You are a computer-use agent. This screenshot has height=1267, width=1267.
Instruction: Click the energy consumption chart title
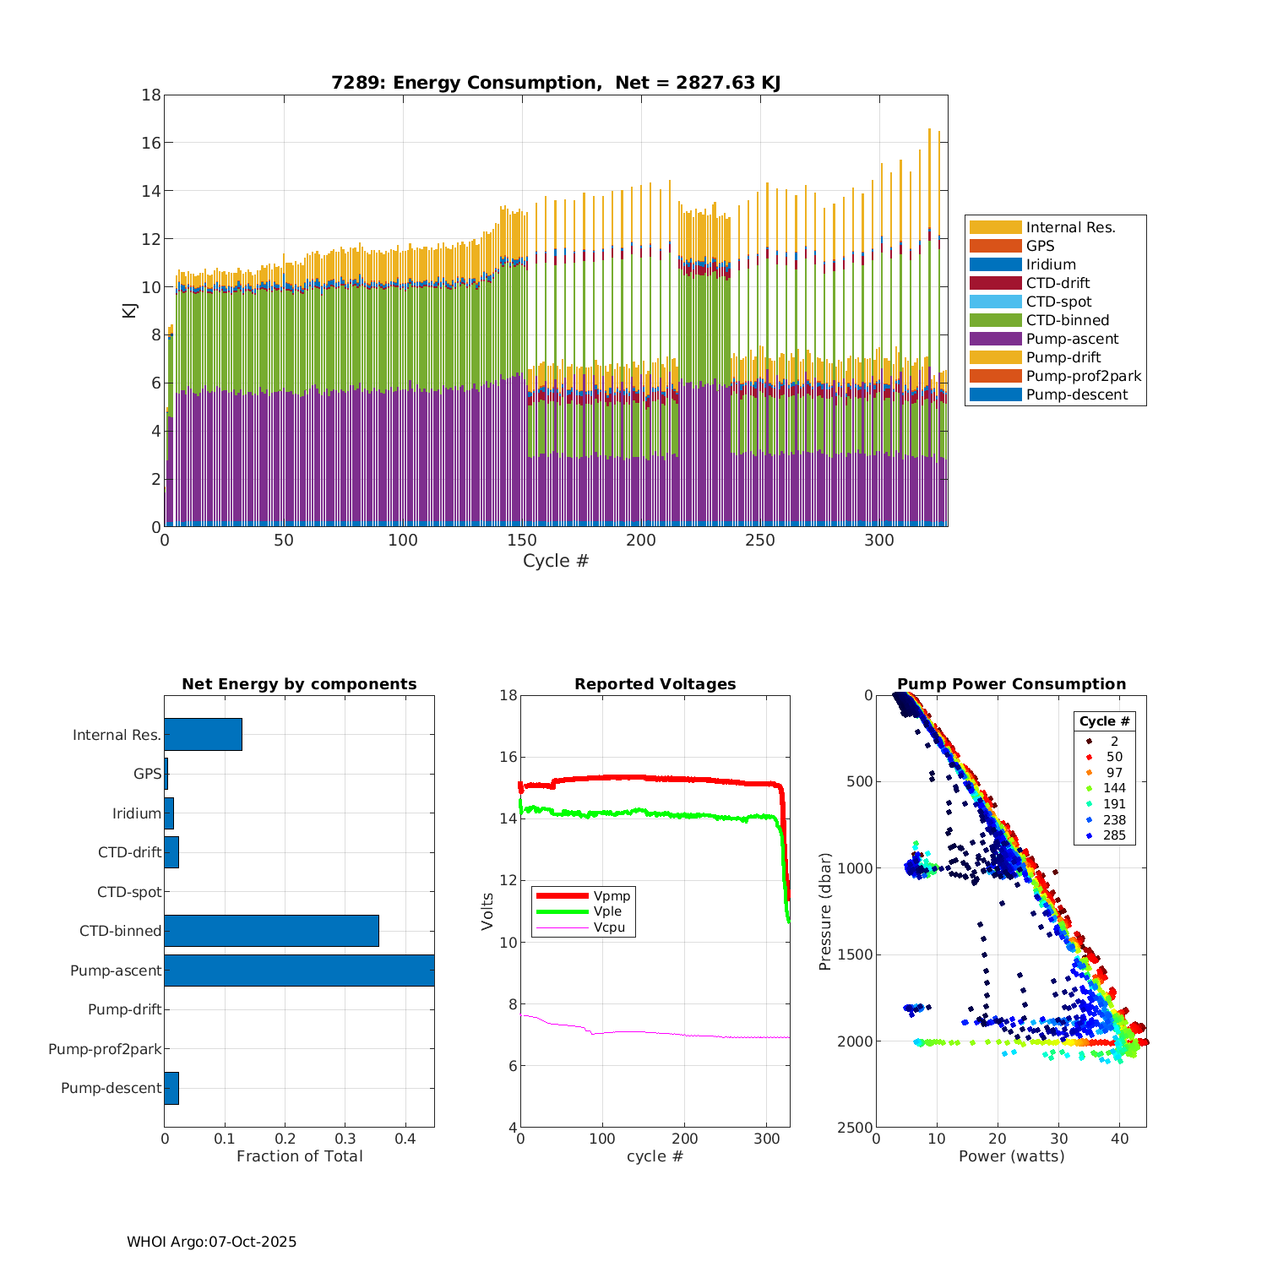tap(556, 83)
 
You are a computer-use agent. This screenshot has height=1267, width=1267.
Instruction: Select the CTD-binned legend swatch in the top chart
tap(995, 320)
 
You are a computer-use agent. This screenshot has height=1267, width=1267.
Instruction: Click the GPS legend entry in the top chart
tap(1040, 246)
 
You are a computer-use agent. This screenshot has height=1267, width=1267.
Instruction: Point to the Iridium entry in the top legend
tap(1051, 264)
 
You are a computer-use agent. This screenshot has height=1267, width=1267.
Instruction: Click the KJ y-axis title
tap(130, 310)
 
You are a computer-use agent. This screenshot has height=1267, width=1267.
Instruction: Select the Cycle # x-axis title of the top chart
tap(555, 561)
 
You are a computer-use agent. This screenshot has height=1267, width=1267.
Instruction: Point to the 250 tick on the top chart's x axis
tap(760, 541)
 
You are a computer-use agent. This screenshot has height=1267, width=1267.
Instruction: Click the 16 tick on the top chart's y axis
tap(151, 143)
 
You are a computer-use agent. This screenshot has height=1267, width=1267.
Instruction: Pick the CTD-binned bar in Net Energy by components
tap(271, 931)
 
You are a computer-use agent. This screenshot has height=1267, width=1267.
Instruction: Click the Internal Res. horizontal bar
tap(203, 735)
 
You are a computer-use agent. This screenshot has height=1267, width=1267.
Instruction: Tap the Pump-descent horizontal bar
tap(171, 1088)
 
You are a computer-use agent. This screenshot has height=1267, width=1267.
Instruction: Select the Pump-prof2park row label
tap(105, 1049)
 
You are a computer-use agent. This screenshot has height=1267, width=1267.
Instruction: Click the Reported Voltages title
tap(655, 684)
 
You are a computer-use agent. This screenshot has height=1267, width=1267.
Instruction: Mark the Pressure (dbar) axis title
tap(825, 911)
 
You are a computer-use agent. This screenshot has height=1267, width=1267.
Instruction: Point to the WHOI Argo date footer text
tap(211, 1242)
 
